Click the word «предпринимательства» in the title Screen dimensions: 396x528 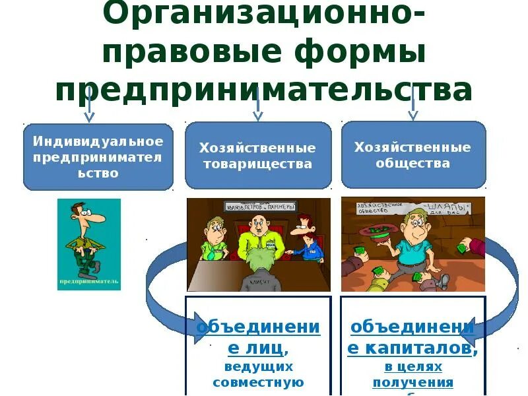[264, 90]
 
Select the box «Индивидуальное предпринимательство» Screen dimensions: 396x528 [98, 156]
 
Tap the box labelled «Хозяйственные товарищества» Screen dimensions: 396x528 [257, 156]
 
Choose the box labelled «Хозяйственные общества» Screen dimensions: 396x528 [413, 154]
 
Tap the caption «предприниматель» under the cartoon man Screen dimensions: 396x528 [88, 282]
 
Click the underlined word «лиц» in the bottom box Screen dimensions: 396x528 [271, 346]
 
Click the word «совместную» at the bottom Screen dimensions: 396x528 [258, 381]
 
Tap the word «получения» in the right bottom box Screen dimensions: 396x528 [413, 382]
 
